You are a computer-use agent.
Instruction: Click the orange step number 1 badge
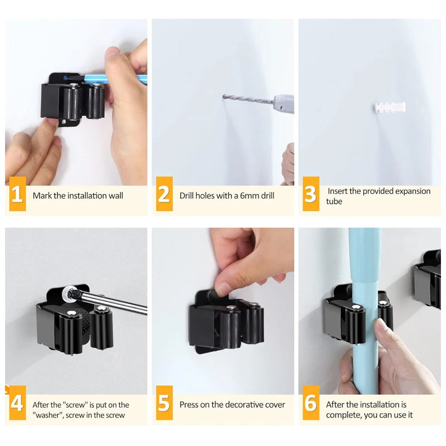(17, 195)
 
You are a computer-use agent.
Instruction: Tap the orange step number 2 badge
(164, 195)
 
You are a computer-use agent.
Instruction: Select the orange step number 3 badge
(311, 195)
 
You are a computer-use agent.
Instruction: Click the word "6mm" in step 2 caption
(244, 196)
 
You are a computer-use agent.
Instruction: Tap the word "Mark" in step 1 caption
(42, 196)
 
